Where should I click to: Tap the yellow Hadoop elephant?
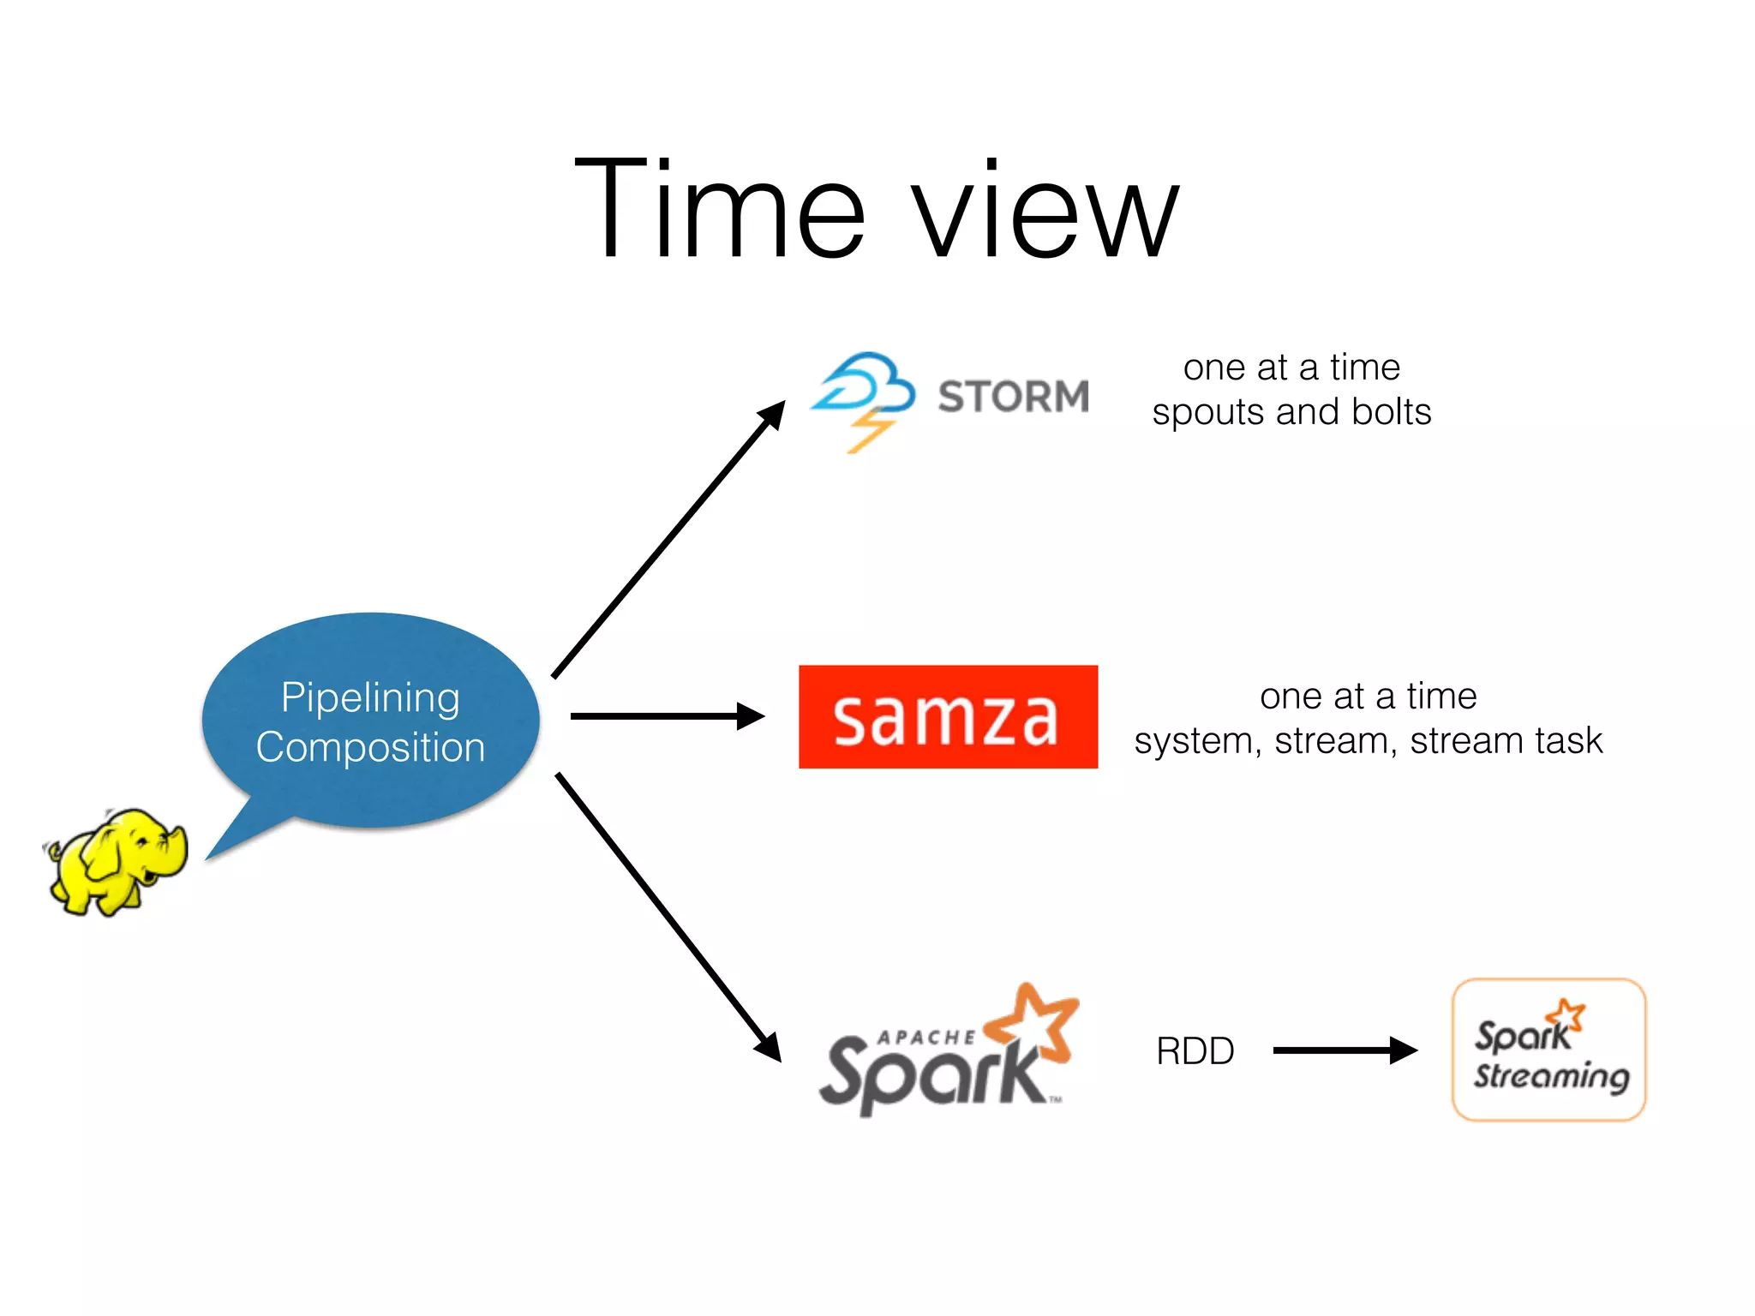click(116, 861)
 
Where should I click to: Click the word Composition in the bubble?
click(370, 747)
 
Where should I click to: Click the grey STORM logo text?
click(1013, 397)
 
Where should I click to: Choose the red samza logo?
click(948, 717)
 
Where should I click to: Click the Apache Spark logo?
click(943, 1058)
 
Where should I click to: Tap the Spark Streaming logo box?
click(1548, 1050)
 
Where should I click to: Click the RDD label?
click(1195, 1051)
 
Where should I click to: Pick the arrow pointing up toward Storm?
click(668, 540)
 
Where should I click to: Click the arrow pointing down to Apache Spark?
click(668, 917)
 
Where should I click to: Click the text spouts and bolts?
click(1291, 412)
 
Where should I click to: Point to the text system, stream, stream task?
click(1368, 741)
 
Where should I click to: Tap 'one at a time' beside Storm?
click(1291, 368)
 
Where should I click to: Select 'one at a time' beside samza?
click(1368, 697)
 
